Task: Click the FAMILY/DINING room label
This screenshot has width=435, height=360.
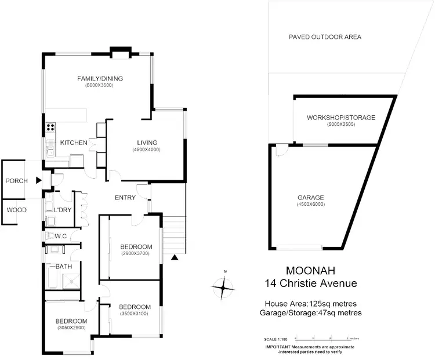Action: (x=101, y=79)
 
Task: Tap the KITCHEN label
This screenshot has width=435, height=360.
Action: (x=74, y=143)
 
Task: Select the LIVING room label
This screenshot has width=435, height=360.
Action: (x=147, y=143)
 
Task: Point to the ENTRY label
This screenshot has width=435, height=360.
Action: (x=125, y=198)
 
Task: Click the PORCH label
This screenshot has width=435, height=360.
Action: (x=17, y=181)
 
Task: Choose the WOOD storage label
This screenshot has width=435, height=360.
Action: (x=16, y=210)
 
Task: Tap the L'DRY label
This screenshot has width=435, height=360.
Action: (x=62, y=210)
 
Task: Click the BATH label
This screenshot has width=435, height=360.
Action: (x=63, y=267)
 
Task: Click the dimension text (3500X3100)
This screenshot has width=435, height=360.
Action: (x=135, y=314)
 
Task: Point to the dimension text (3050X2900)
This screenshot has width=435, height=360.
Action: (x=71, y=328)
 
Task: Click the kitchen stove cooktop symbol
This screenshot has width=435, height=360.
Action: (x=50, y=127)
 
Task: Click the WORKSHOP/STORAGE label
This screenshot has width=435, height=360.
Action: (x=341, y=118)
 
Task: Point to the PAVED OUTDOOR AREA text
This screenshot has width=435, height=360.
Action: (x=325, y=37)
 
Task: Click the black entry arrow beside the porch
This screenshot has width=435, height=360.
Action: (x=39, y=181)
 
